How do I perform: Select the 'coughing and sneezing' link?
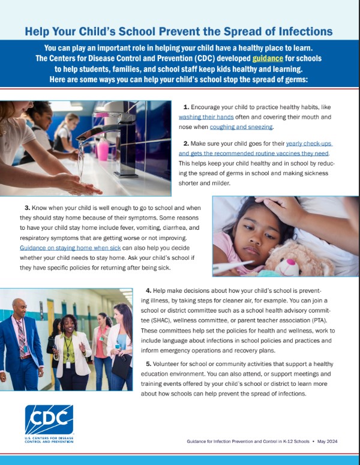(x=241, y=127)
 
